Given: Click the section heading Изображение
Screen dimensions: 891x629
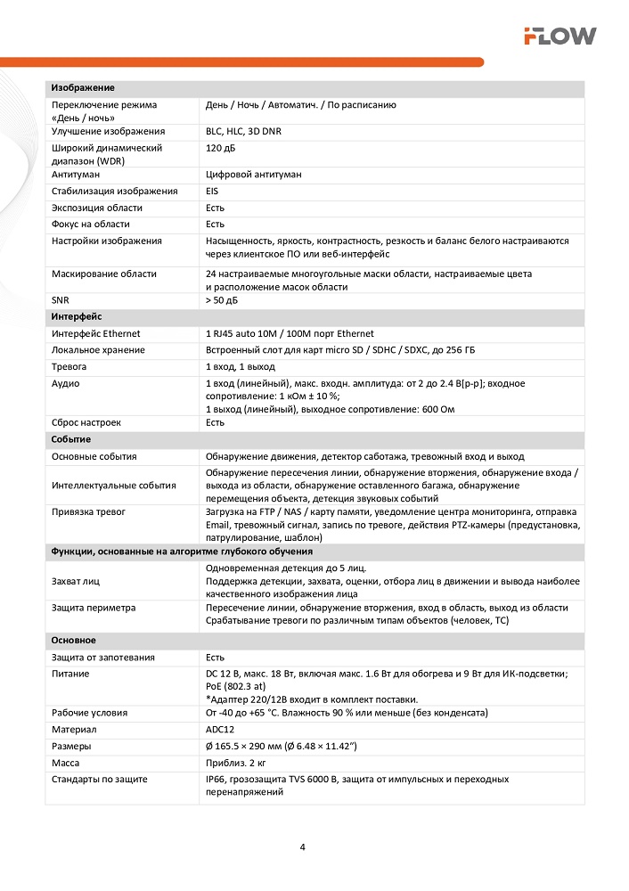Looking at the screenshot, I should (83, 88).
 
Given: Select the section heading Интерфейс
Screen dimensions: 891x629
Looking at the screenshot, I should (77, 316).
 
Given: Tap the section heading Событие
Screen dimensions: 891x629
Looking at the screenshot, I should (71, 439).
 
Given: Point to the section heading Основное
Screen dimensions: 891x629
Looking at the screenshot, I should (74, 641).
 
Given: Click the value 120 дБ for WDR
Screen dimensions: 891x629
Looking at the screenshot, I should (220, 148).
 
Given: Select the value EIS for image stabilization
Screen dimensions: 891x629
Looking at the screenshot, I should (212, 192).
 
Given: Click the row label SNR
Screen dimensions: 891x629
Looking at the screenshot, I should (61, 300).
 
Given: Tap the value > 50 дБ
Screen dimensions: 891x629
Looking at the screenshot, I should (222, 300).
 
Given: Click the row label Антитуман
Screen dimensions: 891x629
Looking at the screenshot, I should (77, 176).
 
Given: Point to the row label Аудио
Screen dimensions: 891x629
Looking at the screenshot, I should (66, 383).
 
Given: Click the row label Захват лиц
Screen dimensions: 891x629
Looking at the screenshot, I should (76, 581).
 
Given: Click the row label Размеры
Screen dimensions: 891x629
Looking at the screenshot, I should (71, 746).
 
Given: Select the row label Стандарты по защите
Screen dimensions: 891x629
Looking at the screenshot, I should (100, 780).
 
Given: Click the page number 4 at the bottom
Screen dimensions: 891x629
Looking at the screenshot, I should (303, 846).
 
